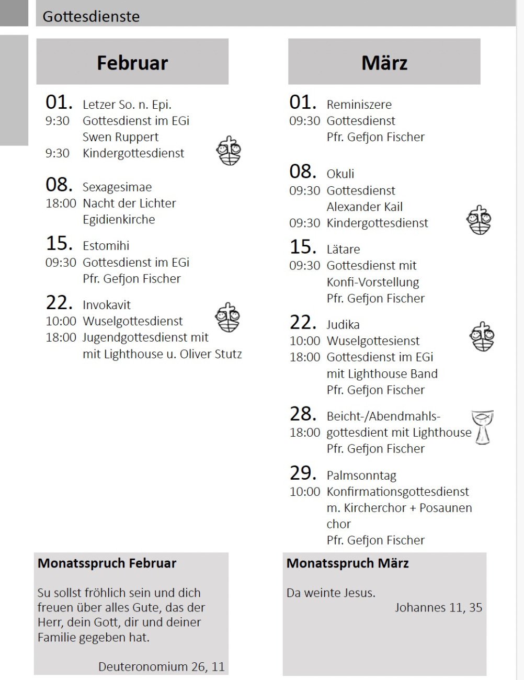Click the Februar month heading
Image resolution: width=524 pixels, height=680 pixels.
[132, 63]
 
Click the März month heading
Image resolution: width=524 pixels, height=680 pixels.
[384, 63]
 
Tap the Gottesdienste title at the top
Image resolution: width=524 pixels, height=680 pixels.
[91, 16]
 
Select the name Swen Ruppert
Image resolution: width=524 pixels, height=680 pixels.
[120, 137]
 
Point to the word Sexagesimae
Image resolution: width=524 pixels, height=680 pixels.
[117, 187]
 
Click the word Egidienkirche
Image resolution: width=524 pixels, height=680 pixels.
[119, 220]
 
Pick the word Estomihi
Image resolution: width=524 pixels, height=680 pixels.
[106, 246]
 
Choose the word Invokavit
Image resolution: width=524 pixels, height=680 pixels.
[107, 305]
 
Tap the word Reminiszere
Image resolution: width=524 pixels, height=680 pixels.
[359, 105]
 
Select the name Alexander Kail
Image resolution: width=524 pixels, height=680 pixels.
[364, 207]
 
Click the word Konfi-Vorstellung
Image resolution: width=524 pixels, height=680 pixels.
[373, 282]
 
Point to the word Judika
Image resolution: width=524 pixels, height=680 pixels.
[343, 325]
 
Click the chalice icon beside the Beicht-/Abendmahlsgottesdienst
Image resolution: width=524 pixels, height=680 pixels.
[483, 427]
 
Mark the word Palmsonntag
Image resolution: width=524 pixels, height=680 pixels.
[361, 476]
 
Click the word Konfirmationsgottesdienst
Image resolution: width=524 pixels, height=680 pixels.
[398, 492]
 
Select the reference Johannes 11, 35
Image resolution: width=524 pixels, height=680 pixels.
[438, 608]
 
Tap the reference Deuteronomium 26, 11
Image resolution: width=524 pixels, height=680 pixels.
[161, 667]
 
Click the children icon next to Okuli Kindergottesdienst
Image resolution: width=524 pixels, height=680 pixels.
[479, 220]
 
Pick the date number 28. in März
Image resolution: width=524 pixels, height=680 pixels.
[303, 414]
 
